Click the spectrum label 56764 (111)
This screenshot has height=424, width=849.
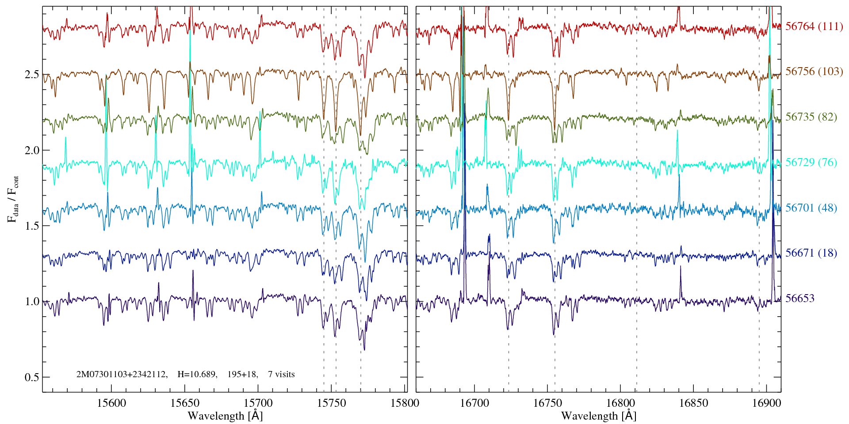814,26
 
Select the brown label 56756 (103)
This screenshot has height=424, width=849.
814,72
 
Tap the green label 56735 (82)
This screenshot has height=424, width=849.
811,117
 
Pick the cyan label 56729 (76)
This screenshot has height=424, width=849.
811,163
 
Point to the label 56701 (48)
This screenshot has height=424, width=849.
811,208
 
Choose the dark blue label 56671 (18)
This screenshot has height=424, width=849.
811,253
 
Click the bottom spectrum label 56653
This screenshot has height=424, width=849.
799,299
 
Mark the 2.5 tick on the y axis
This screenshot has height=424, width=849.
32,75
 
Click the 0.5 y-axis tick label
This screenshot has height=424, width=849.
32,378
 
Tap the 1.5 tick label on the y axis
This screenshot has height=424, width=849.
32,226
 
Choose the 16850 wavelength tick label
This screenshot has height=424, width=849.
693,403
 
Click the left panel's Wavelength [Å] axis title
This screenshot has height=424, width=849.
225,416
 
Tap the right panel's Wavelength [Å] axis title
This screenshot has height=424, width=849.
599,416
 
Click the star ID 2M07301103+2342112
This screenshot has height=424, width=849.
122,375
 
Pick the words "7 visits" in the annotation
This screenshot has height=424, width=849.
281,375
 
